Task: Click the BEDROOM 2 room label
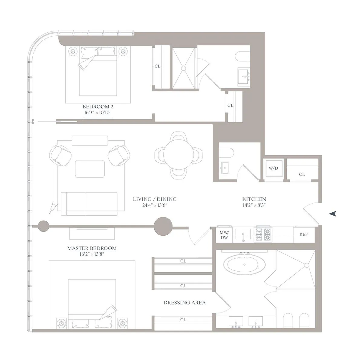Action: click(98, 107)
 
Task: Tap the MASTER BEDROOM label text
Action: click(92, 248)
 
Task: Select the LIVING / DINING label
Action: click(155, 199)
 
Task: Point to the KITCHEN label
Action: click(254, 199)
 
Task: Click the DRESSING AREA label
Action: click(185, 302)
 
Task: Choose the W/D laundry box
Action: click(273, 168)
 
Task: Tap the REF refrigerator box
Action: click(303, 234)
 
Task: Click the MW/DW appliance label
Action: click(224, 235)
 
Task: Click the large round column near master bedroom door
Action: click(163, 226)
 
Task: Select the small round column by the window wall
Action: click(43, 226)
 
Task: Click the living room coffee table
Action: click(90, 169)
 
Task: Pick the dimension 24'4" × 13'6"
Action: click(155, 205)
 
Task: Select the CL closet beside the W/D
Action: click(302, 175)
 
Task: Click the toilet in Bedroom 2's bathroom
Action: click(242, 56)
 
